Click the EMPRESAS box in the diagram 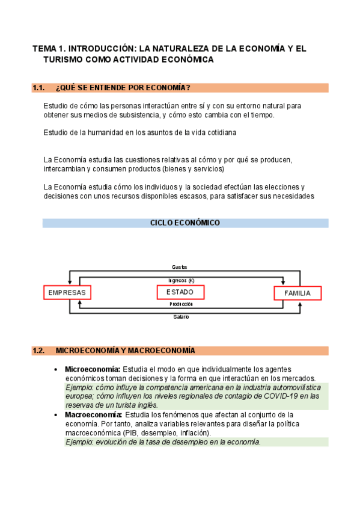tap(67, 293)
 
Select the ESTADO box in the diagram tap(180, 292)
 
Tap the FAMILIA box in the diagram tap(297, 293)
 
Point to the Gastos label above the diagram tap(180, 266)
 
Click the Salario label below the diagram tap(181, 316)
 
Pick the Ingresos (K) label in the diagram tap(181, 280)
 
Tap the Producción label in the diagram tap(181, 304)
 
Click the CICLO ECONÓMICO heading tap(185, 223)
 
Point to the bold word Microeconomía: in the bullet tap(93, 369)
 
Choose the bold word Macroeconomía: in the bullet tap(93, 415)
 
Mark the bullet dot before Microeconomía tap(56, 369)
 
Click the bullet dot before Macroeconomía tap(56, 415)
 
